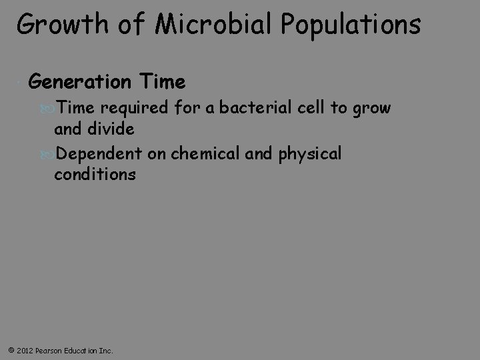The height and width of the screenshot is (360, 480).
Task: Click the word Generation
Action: (x=80, y=82)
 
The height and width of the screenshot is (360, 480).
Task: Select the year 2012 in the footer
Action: (x=23, y=350)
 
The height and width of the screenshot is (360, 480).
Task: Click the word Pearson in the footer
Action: (x=50, y=350)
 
